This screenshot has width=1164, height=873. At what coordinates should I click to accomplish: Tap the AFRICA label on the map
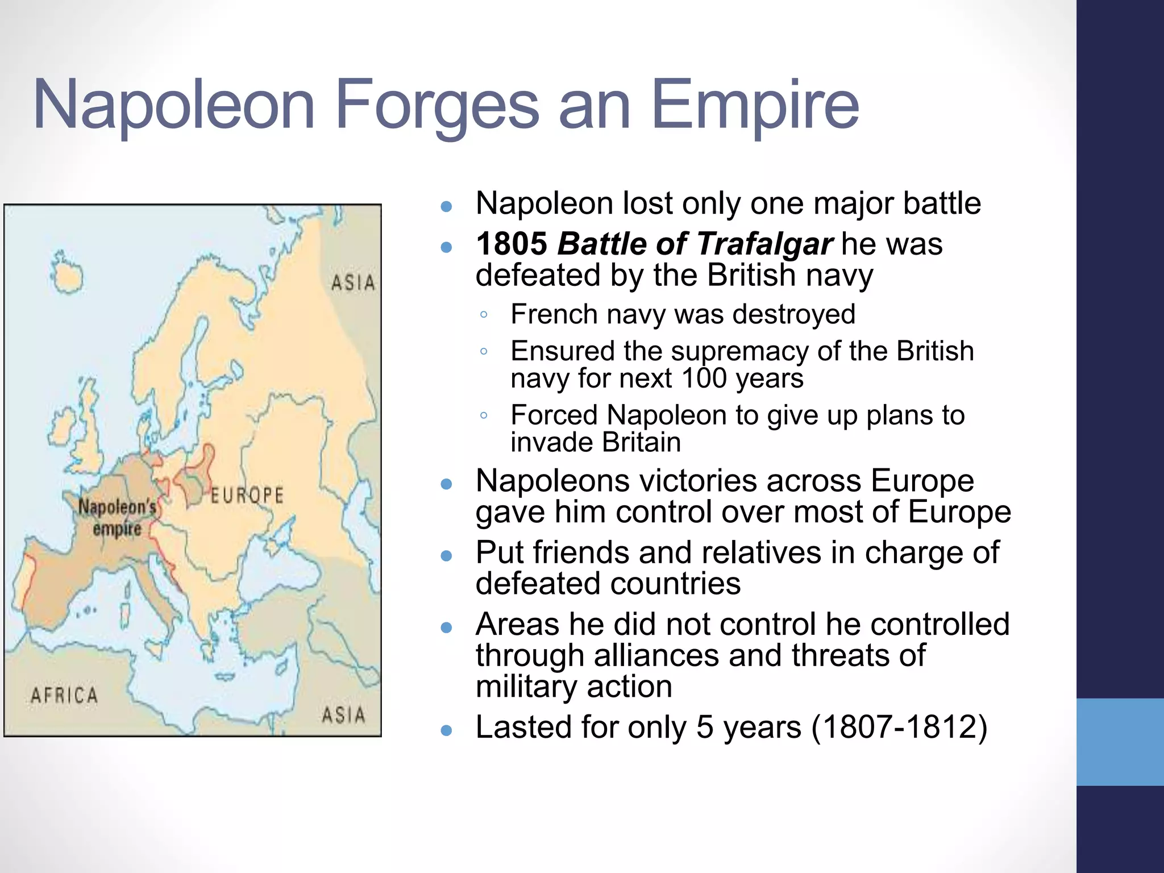tap(64, 695)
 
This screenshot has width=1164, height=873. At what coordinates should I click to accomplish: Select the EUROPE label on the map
tap(247, 495)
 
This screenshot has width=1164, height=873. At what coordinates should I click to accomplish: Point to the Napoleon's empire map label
tap(117, 517)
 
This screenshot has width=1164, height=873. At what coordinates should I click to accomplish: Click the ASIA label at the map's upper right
tap(353, 282)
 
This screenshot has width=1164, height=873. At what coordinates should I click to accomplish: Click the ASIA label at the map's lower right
tap(343, 714)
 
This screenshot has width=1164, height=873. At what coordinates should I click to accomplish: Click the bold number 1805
tap(512, 244)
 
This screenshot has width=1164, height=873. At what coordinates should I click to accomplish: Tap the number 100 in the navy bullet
tap(703, 379)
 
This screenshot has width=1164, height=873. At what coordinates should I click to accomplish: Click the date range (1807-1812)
tap(899, 727)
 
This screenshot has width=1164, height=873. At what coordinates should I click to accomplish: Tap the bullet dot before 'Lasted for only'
tap(446, 730)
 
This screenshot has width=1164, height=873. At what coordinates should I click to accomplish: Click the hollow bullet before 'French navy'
tap(484, 315)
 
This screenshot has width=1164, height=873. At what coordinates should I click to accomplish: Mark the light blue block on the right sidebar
tap(1120, 742)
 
